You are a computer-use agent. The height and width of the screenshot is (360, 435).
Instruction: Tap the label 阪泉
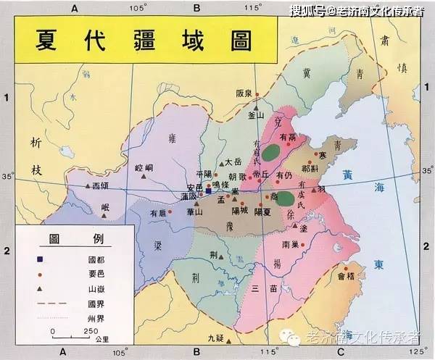coord(245,93)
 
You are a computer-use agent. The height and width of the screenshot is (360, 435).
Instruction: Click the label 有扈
coord(158,213)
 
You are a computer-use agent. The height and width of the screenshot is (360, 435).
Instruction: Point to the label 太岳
coord(232,162)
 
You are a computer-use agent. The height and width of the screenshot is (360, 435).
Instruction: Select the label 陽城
coord(240,211)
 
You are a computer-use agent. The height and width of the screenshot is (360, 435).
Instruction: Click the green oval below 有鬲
coord(271,153)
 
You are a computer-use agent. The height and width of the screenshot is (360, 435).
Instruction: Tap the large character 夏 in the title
coord(54,41)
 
